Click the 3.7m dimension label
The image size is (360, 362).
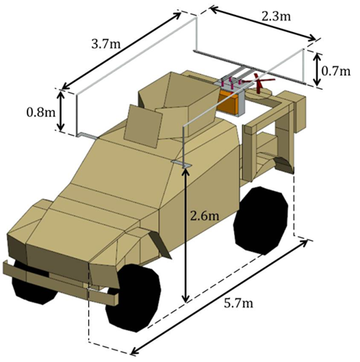[106, 44]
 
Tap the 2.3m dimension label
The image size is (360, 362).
[276, 17]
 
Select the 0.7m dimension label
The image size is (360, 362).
[336, 71]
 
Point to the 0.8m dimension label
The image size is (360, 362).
[41, 112]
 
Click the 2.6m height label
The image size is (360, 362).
[205, 216]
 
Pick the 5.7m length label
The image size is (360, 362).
[238, 303]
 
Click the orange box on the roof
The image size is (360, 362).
[228, 102]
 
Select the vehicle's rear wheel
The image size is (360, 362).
[261, 220]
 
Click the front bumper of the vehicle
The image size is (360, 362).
[60, 282]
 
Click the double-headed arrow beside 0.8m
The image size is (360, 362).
[60, 111]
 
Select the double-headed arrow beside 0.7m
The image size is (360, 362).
[317, 69]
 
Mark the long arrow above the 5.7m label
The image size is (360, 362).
[219, 297]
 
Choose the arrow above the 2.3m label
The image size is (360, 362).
[263, 23]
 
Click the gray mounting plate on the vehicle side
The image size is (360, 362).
[181, 164]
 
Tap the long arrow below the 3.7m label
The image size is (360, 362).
[121, 51]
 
